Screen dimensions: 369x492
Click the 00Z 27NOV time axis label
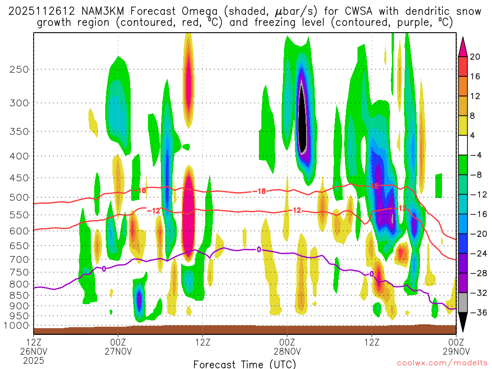118,346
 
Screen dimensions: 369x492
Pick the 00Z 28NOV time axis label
287,346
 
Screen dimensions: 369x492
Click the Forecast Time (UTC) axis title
245,364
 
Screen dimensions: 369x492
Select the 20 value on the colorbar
475,57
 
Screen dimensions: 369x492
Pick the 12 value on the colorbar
475,96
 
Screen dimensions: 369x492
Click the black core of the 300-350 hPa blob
302,120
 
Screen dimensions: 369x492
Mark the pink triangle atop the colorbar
463,46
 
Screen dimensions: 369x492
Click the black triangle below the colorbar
463,322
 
